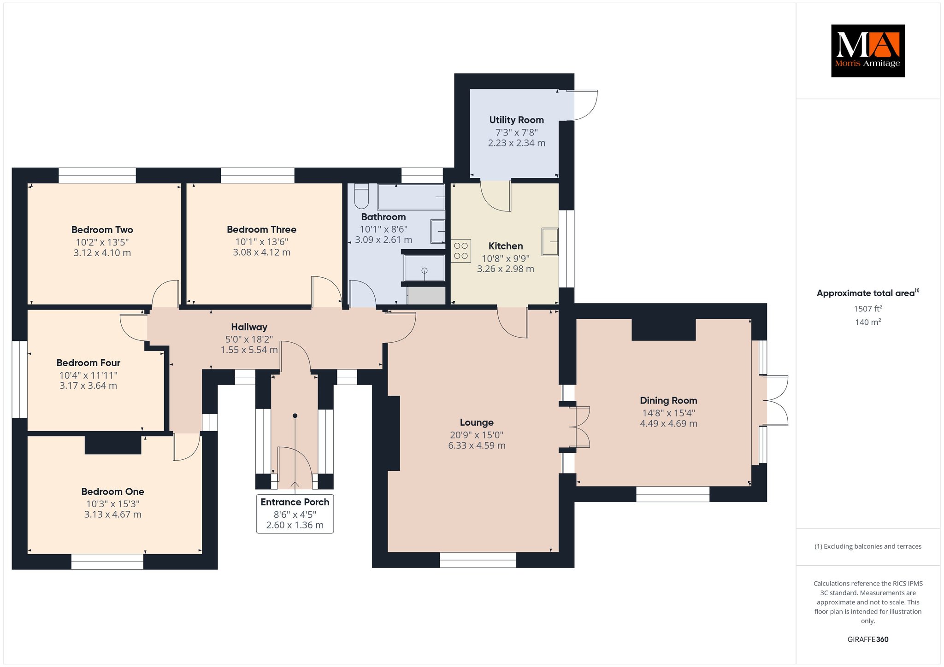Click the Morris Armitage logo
pyautogui.click(x=867, y=51)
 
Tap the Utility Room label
pyautogui.click(x=516, y=120)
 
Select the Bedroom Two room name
pyautogui.click(x=102, y=229)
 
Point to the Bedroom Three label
pyautogui.click(x=261, y=229)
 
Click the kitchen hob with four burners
pyautogui.click(x=461, y=251)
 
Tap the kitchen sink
pyautogui.click(x=550, y=241)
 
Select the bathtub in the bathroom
pyautogui.click(x=411, y=197)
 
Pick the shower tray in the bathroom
pyautogui.click(x=425, y=268)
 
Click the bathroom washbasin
pyautogui.click(x=438, y=231)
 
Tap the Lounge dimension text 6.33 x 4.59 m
pyautogui.click(x=477, y=445)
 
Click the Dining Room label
pyautogui.click(x=668, y=400)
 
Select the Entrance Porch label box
pyautogui.click(x=295, y=514)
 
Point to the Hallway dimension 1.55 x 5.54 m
pyautogui.click(x=249, y=350)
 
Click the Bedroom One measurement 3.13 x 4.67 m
pyautogui.click(x=112, y=514)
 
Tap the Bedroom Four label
pyautogui.click(x=88, y=363)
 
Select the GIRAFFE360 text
pyautogui.click(x=868, y=639)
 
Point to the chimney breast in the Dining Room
pyautogui.click(x=663, y=330)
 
